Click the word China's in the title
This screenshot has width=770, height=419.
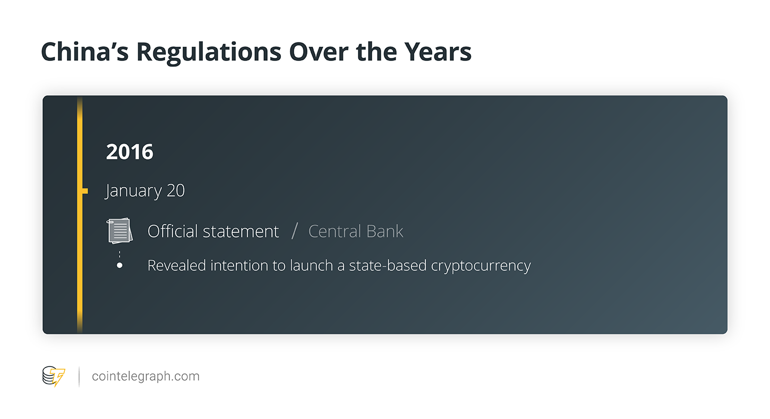84,51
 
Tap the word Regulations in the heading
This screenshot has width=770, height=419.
209,53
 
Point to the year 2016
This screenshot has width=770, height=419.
130,152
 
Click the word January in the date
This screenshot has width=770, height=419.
133,191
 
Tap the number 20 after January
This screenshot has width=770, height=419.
176,190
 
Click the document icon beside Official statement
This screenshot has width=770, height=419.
119,230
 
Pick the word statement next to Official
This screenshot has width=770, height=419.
241,232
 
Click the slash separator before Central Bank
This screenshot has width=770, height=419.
295,231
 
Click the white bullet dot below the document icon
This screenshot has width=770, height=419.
119,265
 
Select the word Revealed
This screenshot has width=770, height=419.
177,266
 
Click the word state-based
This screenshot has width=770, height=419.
388,266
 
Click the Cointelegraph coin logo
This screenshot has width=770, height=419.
54,377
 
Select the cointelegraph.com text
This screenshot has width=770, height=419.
146,377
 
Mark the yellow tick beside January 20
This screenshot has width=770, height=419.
84,191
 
